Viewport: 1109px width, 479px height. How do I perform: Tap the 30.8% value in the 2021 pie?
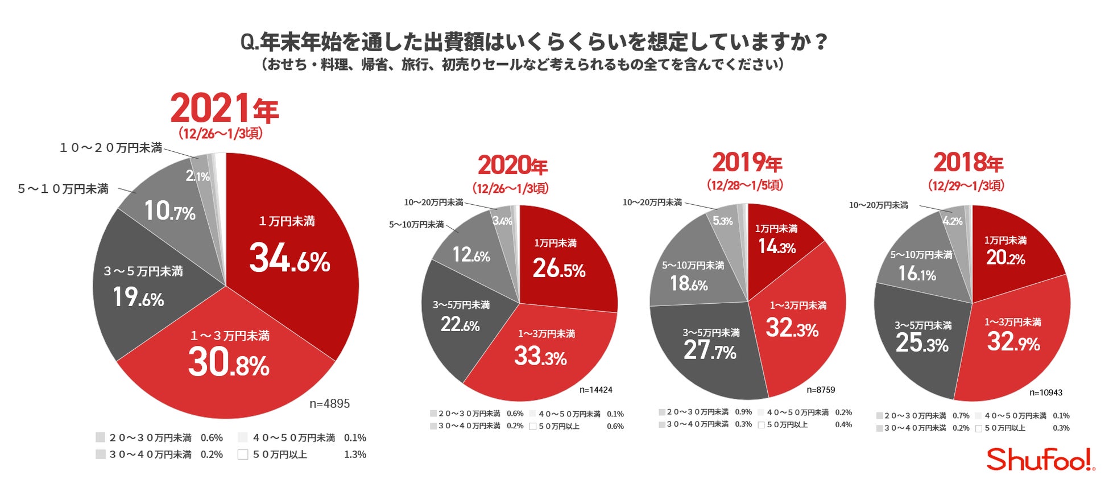[x=229, y=363]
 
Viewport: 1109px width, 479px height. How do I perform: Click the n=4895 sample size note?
[x=329, y=404]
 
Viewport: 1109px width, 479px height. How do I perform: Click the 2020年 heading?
[x=512, y=166]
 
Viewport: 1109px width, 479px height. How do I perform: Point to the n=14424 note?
[x=595, y=390]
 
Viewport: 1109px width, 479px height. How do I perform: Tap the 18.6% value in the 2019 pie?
[x=689, y=283]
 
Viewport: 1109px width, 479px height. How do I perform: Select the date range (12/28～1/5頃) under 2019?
[x=744, y=185]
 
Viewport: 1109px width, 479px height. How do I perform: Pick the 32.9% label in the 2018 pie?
[x=1013, y=342]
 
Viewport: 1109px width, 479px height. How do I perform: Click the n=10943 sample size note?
[x=1045, y=393]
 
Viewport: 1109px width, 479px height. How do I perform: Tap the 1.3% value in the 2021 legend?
[x=355, y=455]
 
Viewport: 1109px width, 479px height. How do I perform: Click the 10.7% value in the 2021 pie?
[x=169, y=211]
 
